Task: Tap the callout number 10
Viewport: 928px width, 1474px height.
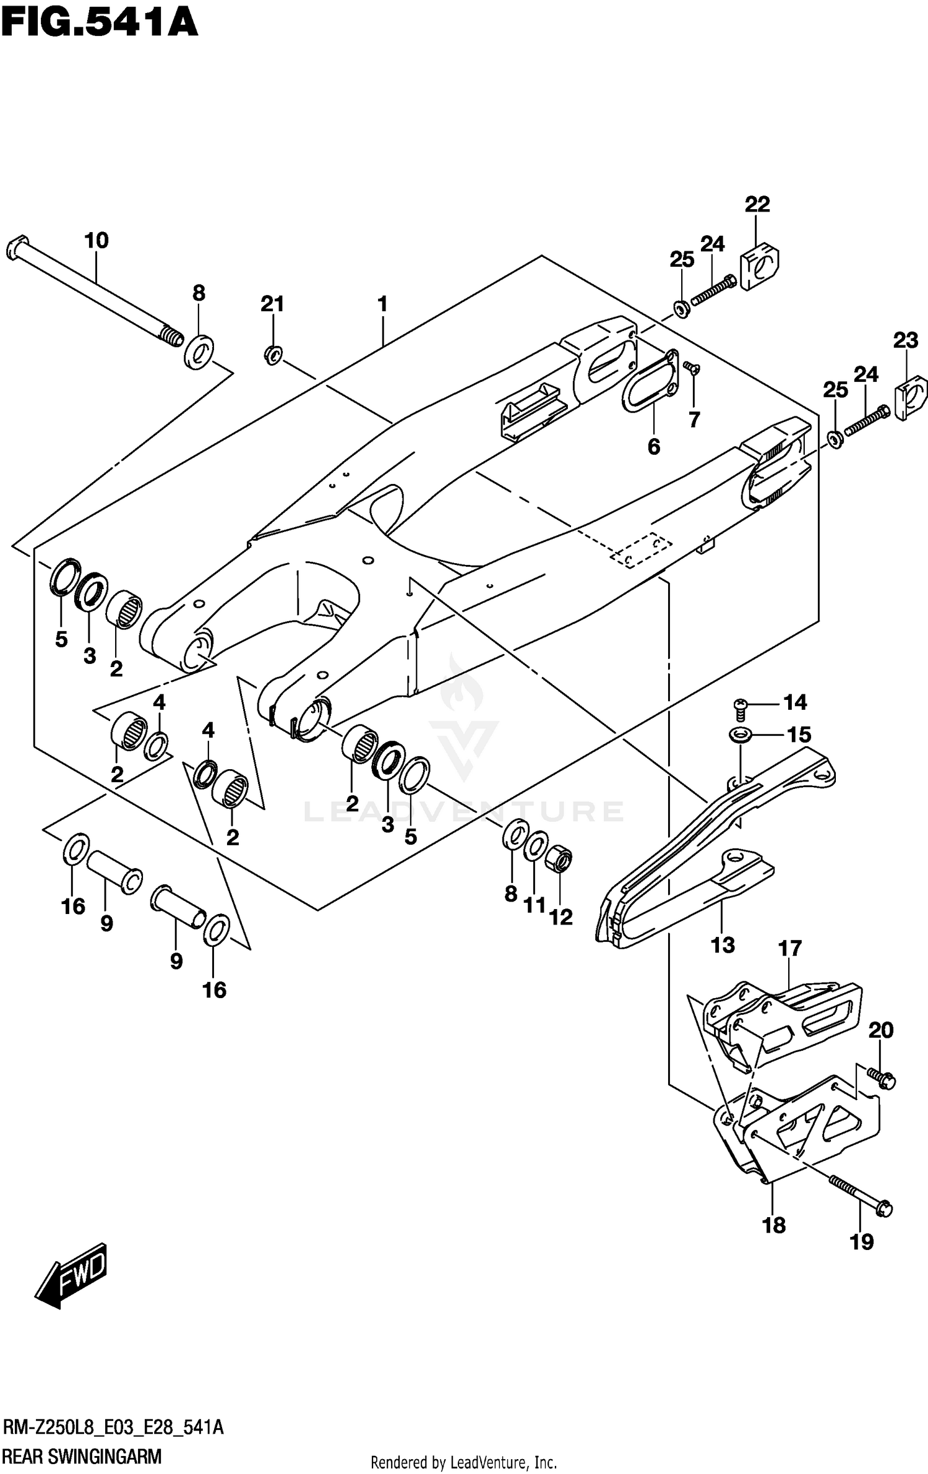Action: coord(97,240)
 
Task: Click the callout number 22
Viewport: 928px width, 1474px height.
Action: coord(757,204)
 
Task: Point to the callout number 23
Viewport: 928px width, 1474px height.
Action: coord(906,340)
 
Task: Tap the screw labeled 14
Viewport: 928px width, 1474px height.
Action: coord(739,705)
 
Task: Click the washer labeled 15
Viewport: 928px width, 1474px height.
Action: coord(740,735)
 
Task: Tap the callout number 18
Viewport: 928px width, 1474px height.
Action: coord(774,1225)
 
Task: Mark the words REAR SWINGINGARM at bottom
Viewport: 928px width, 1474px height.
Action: coord(82,1452)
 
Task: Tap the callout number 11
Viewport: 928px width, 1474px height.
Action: coord(535,905)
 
